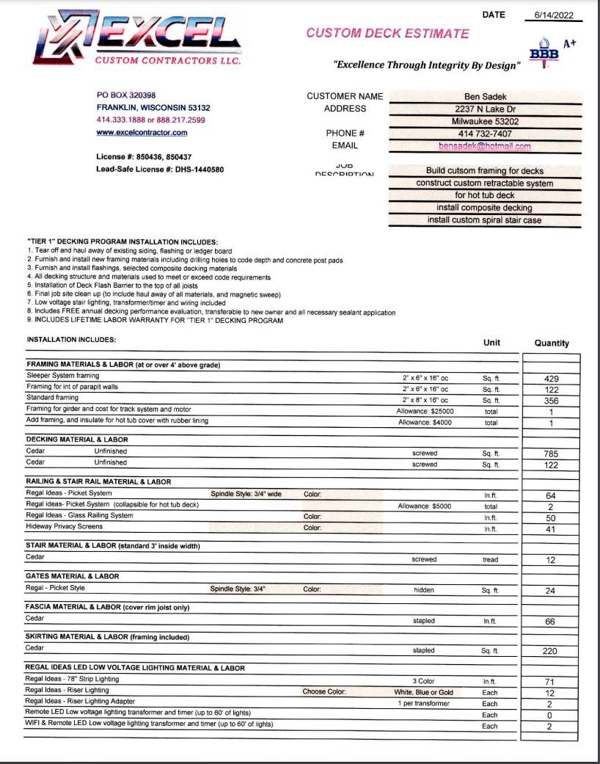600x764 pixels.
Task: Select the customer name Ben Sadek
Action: click(x=485, y=96)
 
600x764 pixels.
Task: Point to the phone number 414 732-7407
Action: click(x=485, y=134)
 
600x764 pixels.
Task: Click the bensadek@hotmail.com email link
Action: click(x=485, y=146)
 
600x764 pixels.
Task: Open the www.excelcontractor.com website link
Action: click(x=142, y=133)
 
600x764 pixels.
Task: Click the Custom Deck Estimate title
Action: click(x=387, y=33)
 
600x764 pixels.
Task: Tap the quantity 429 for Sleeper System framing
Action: click(x=551, y=379)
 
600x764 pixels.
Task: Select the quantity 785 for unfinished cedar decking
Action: click(x=551, y=454)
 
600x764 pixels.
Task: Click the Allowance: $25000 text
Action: click(x=425, y=412)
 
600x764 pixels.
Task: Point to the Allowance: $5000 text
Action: click(x=425, y=506)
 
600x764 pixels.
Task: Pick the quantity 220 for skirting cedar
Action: click(x=549, y=651)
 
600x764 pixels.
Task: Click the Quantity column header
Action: click(x=551, y=343)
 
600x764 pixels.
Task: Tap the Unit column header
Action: click(x=491, y=343)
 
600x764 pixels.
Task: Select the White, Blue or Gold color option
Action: click(x=425, y=692)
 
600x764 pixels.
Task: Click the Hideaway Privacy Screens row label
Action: click(x=65, y=526)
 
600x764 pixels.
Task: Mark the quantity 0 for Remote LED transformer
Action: click(x=550, y=715)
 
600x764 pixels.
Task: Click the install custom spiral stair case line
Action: click(x=485, y=220)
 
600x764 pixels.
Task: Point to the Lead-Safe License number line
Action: click(x=160, y=170)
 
